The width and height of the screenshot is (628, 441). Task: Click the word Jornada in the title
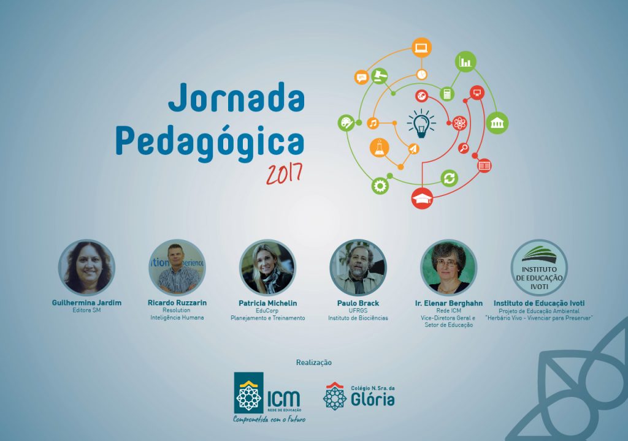coord(236,97)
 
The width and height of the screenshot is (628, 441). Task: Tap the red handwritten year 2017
coord(284,174)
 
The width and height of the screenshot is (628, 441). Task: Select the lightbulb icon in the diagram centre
coord(421,124)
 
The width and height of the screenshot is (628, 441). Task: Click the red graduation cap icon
coord(422,198)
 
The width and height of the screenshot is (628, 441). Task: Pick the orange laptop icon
coord(421,48)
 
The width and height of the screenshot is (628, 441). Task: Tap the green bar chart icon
coord(466,62)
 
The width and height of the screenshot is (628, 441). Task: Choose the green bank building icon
coord(497,123)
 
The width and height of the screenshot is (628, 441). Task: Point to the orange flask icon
coord(379,148)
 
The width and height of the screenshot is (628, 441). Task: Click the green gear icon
coord(380,186)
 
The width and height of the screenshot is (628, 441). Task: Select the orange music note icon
coord(373,123)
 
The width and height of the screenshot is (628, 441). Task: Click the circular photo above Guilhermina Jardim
coord(86,268)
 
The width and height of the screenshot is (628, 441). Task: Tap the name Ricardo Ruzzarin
coord(177,303)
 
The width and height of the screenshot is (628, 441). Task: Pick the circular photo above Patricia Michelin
coord(267,268)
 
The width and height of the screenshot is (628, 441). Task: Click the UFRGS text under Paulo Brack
coord(358,311)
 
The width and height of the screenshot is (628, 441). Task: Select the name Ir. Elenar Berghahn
coord(448,303)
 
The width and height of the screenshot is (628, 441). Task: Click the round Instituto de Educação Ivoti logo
coord(539,268)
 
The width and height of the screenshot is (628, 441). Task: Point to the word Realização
coord(314,363)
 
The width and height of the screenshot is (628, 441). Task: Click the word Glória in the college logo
coord(373,399)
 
